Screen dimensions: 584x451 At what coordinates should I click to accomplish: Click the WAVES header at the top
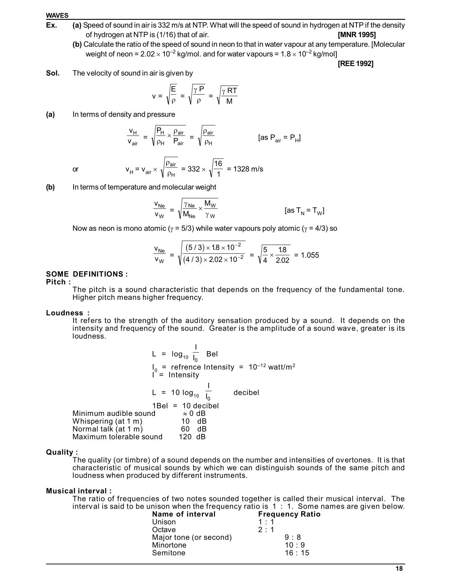[x=57, y=16]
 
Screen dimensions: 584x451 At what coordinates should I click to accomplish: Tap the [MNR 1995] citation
[x=357, y=35]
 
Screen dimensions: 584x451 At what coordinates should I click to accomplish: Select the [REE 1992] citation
[x=355, y=64]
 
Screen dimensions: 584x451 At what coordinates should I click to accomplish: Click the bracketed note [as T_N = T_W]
[x=304, y=211]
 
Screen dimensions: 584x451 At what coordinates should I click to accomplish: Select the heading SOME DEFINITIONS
[x=87, y=274]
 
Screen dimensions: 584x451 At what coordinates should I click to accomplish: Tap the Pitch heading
[x=58, y=282]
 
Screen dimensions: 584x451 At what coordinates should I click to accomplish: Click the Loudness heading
[x=68, y=313]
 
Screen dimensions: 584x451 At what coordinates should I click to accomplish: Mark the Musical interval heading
[x=79, y=491]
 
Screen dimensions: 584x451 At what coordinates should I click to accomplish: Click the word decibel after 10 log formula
[x=246, y=393]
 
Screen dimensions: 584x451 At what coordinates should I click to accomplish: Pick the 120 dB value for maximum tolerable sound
[x=192, y=437]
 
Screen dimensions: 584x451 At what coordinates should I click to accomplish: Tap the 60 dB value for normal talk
[x=193, y=429]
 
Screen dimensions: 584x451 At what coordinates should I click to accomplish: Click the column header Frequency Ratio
[x=289, y=514]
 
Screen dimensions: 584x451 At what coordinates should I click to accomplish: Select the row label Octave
[x=164, y=530]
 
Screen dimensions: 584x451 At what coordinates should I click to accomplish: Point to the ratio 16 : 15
[x=297, y=553]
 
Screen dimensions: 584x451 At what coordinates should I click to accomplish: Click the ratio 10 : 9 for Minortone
[x=295, y=545]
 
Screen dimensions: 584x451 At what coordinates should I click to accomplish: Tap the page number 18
[x=399, y=569]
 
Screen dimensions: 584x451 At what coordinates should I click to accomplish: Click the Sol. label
[x=53, y=73]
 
